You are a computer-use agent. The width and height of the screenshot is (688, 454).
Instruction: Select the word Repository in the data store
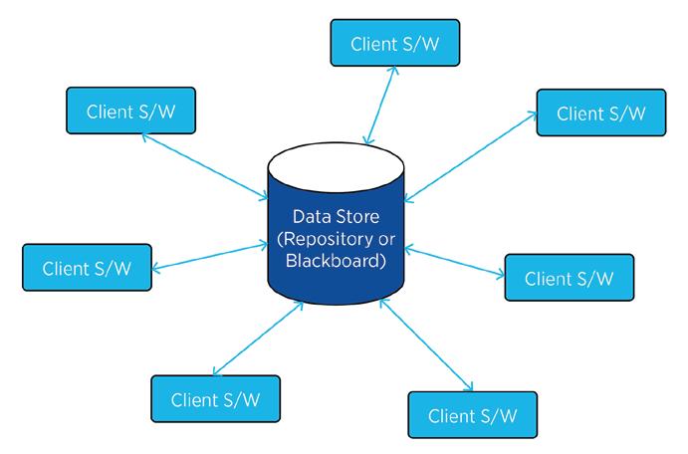[324, 240]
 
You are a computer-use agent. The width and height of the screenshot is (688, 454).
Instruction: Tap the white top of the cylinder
[337, 166]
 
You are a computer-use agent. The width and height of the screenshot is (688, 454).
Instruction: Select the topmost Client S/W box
[395, 43]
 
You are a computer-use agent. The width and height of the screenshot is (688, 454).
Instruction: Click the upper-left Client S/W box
[130, 111]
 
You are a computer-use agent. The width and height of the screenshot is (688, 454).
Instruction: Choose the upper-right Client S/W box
[601, 113]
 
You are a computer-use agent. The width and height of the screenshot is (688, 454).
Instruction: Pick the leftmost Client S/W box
[87, 268]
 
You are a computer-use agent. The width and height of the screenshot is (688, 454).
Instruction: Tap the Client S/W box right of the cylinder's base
[570, 278]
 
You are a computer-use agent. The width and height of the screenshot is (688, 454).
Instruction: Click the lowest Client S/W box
[473, 415]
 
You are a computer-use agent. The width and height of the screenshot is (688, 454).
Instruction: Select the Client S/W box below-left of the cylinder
[215, 398]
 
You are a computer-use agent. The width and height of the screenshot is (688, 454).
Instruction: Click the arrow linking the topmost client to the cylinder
[381, 106]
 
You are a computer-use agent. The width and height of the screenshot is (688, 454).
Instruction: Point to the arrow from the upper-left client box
[205, 166]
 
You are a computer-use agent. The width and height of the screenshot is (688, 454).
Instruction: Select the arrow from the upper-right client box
[470, 156]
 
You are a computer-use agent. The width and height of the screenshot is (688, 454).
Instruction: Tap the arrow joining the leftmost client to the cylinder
[210, 258]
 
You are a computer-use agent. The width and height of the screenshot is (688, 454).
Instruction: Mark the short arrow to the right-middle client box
[455, 262]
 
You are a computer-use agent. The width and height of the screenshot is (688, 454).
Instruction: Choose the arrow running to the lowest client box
[426, 344]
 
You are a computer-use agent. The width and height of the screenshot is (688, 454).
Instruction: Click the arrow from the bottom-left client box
[258, 339]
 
